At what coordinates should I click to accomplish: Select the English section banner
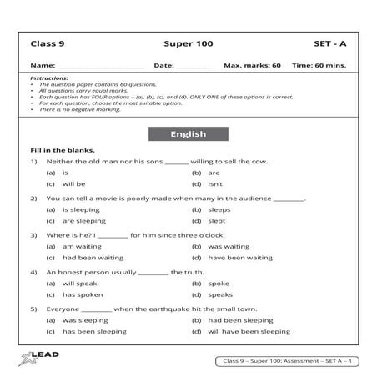point(188,133)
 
